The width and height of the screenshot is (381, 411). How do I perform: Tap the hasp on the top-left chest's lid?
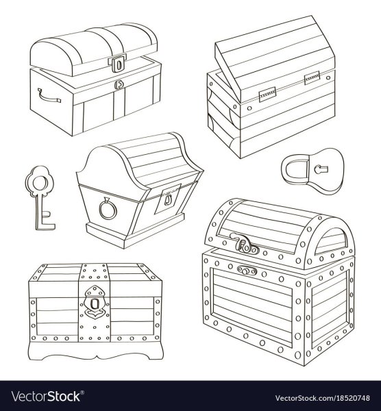(118, 63)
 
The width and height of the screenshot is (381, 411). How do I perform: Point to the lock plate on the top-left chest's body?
(119, 84)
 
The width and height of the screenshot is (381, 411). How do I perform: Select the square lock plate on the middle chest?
(168, 199)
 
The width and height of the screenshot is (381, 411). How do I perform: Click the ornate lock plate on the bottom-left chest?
(94, 301)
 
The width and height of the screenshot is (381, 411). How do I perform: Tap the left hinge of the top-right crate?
(267, 94)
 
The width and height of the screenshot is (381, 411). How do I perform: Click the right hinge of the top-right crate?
(312, 78)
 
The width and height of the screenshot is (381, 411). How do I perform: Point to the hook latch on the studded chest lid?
(243, 244)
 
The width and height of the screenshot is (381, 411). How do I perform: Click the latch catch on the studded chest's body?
(247, 271)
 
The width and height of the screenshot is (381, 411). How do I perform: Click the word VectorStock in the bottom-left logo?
(46, 397)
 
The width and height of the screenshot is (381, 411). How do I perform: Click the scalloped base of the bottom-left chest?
(95, 351)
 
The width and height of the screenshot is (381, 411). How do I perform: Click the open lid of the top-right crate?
(275, 58)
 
